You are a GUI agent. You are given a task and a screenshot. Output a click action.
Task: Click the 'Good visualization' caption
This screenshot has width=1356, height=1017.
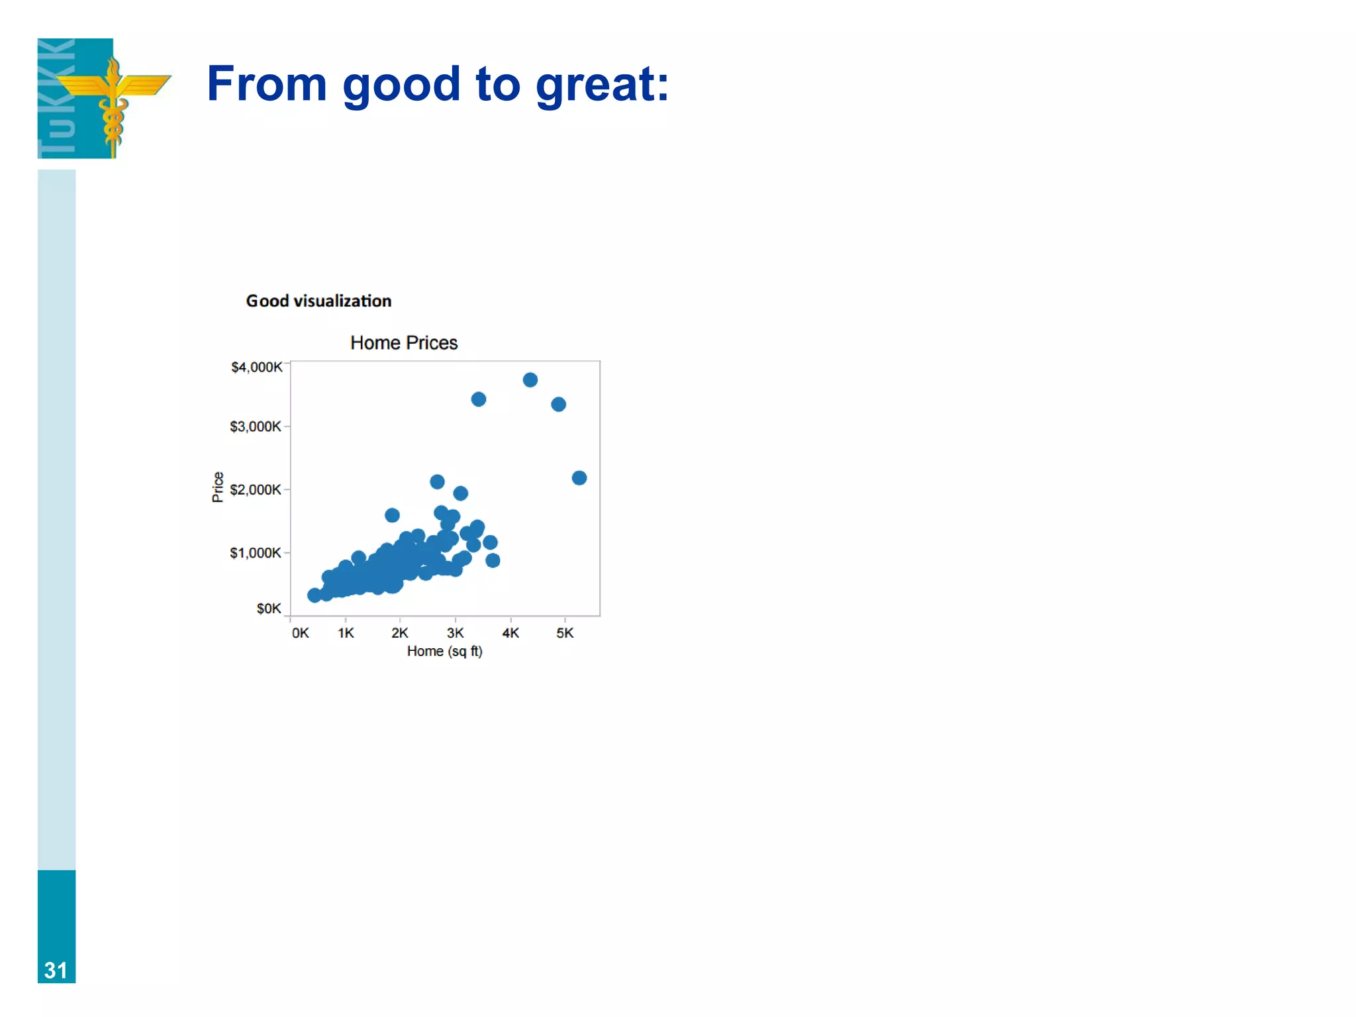pyautogui.click(x=318, y=301)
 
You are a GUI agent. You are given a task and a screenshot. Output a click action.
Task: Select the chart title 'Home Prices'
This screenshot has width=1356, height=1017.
pyautogui.click(x=404, y=343)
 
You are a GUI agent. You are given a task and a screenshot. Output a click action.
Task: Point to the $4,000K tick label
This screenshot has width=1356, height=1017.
pyautogui.click(x=256, y=367)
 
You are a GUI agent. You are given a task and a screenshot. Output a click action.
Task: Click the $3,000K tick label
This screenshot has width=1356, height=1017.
pyautogui.click(x=255, y=426)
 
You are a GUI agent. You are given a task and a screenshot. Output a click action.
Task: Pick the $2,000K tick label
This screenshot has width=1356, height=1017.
pyautogui.click(x=255, y=490)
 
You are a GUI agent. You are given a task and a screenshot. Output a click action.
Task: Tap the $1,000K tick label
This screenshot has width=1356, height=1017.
pyautogui.click(x=255, y=553)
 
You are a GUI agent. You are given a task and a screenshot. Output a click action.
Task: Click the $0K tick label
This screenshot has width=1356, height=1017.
pyautogui.click(x=268, y=608)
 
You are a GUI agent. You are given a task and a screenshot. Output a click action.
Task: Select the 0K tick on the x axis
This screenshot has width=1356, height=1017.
pyautogui.click(x=300, y=633)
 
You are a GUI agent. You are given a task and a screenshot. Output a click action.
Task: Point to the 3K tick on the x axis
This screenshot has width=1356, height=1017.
pyautogui.click(x=455, y=633)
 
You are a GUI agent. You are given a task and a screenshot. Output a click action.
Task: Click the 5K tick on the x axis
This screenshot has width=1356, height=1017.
pyautogui.click(x=565, y=633)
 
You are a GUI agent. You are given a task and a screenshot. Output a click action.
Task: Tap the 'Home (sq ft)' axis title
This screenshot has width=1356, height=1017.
pyautogui.click(x=444, y=652)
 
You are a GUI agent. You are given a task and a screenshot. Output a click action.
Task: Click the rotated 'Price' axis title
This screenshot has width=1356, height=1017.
pyautogui.click(x=217, y=487)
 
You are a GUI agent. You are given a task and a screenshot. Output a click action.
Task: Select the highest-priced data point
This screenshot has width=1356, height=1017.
pyautogui.click(x=530, y=380)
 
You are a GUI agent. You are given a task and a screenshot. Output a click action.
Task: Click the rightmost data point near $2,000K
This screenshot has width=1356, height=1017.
pyautogui.click(x=579, y=478)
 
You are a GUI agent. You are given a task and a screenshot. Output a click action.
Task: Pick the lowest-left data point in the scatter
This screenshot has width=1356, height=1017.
pyautogui.click(x=315, y=595)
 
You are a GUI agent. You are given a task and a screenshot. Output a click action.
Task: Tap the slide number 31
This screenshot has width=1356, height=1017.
pyautogui.click(x=56, y=971)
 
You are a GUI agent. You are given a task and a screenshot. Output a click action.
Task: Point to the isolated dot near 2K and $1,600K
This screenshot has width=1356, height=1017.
pyautogui.click(x=392, y=515)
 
